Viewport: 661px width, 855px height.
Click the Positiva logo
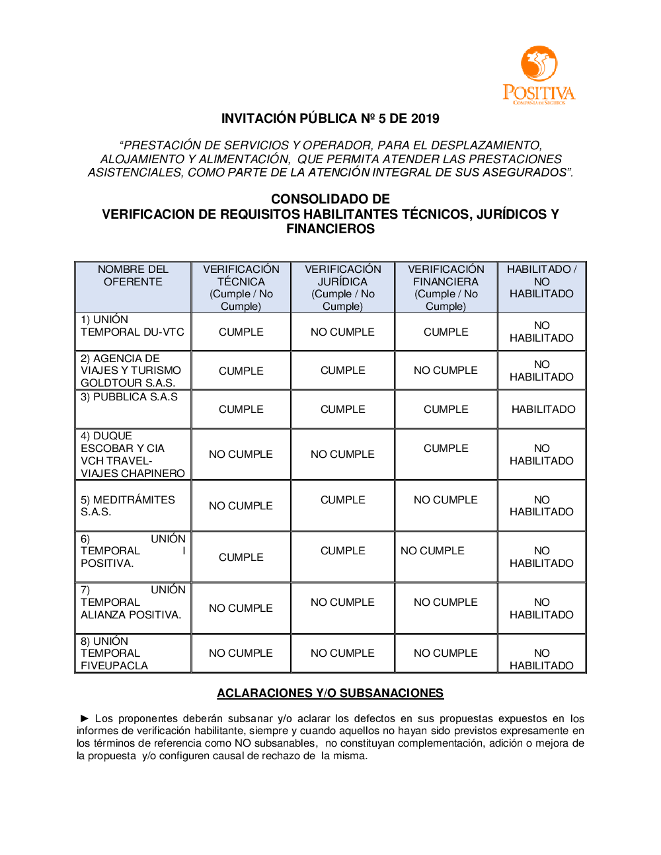[539, 75]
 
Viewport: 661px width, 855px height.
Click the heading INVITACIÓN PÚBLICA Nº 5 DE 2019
[330, 119]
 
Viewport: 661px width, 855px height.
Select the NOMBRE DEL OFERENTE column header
[133, 276]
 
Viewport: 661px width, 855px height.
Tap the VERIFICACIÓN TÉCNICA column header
[241, 287]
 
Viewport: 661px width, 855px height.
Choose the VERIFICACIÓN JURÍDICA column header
[342, 287]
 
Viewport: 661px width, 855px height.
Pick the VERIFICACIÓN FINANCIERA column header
[446, 287]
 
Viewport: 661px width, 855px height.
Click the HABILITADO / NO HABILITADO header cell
[541, 281]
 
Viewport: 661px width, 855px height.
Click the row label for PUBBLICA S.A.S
[129, 397]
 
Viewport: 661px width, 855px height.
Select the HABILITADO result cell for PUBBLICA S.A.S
[543, 410]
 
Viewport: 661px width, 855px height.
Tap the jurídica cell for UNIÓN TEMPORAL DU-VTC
[342, 332]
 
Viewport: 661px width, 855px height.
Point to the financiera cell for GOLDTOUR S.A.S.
[446, 371]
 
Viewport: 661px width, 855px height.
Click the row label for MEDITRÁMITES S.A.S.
[128, 506]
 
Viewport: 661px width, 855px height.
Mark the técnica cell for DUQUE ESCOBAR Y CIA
[241, 455]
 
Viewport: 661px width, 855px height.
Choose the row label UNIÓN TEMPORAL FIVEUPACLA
[114, 653]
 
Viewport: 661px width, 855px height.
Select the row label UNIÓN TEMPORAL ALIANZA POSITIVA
[131, 603]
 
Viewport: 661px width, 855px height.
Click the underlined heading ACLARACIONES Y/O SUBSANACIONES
[330, 693]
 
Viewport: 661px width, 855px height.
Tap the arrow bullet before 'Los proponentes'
[85, 718]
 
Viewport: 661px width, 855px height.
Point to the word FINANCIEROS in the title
[330, 229]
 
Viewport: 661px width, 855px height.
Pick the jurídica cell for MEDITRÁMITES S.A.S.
[342, 500]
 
